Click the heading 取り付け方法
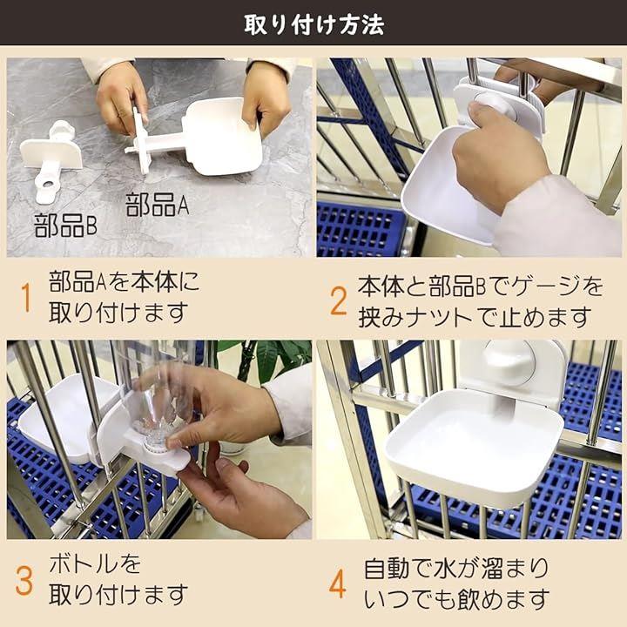[313, 24]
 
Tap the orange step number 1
[26, 298]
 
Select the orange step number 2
[338, 300]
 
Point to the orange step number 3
[24, 581]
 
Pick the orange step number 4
[338, 583]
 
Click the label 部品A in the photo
[157, 205]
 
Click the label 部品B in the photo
[65, 226]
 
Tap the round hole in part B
[48, 185]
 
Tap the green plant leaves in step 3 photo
[272, 359]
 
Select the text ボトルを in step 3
[95, 564]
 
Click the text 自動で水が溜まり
[456, 568]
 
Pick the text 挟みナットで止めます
[475, 318]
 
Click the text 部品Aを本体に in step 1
[125, 281]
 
